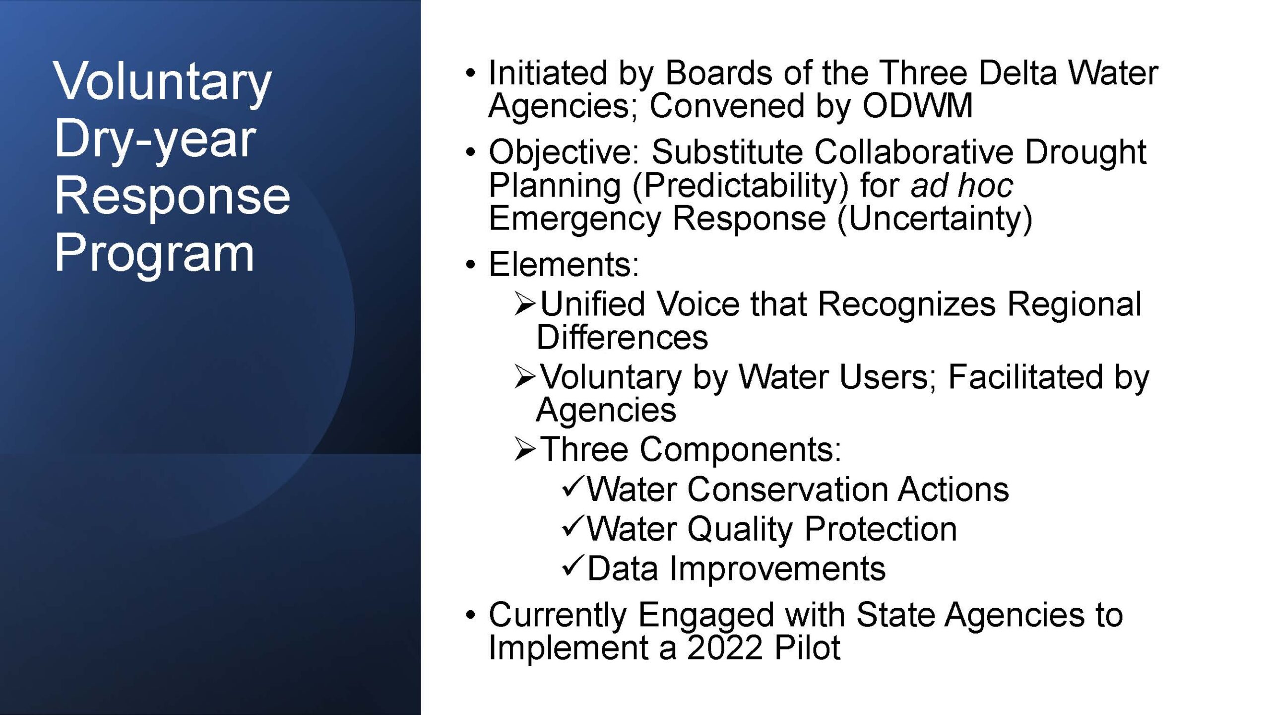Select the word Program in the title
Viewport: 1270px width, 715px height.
154,255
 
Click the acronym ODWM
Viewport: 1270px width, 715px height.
917,106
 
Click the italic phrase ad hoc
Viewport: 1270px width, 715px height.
961,186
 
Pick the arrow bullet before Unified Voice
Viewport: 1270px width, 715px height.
525,304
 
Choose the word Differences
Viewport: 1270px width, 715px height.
622,337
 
